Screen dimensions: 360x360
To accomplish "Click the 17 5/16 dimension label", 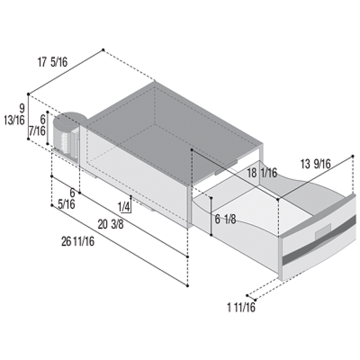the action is [52, 62].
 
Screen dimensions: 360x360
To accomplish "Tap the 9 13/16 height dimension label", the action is [15, 115].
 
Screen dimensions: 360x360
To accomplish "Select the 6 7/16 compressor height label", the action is [37, 125].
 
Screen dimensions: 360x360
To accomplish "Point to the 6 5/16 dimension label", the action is [66, 198].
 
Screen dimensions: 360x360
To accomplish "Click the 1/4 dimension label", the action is [124, 207].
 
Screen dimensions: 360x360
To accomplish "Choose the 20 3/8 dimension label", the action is [111, 224].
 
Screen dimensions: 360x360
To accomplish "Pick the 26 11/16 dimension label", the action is [78, 241].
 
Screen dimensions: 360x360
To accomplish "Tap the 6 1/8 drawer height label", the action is [225, 219].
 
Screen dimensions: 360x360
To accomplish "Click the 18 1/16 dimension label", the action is [262, 173].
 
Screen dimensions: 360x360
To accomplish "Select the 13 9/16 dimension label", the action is [316, 164].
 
